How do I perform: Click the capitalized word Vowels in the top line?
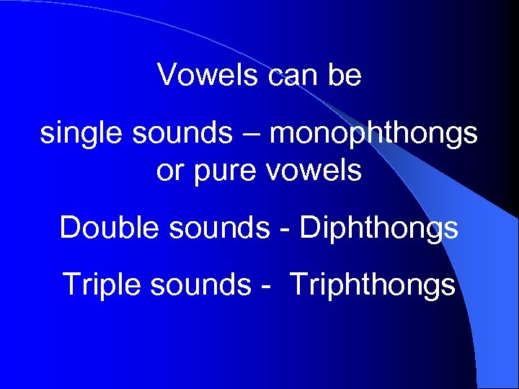(x=208, y=74)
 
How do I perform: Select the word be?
(x=345, y=74)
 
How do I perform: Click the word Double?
(x=107, y=228)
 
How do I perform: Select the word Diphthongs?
(x=379, y=228)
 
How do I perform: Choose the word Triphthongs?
(x=373, y=285)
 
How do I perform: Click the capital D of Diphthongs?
(x=309, y=228)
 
